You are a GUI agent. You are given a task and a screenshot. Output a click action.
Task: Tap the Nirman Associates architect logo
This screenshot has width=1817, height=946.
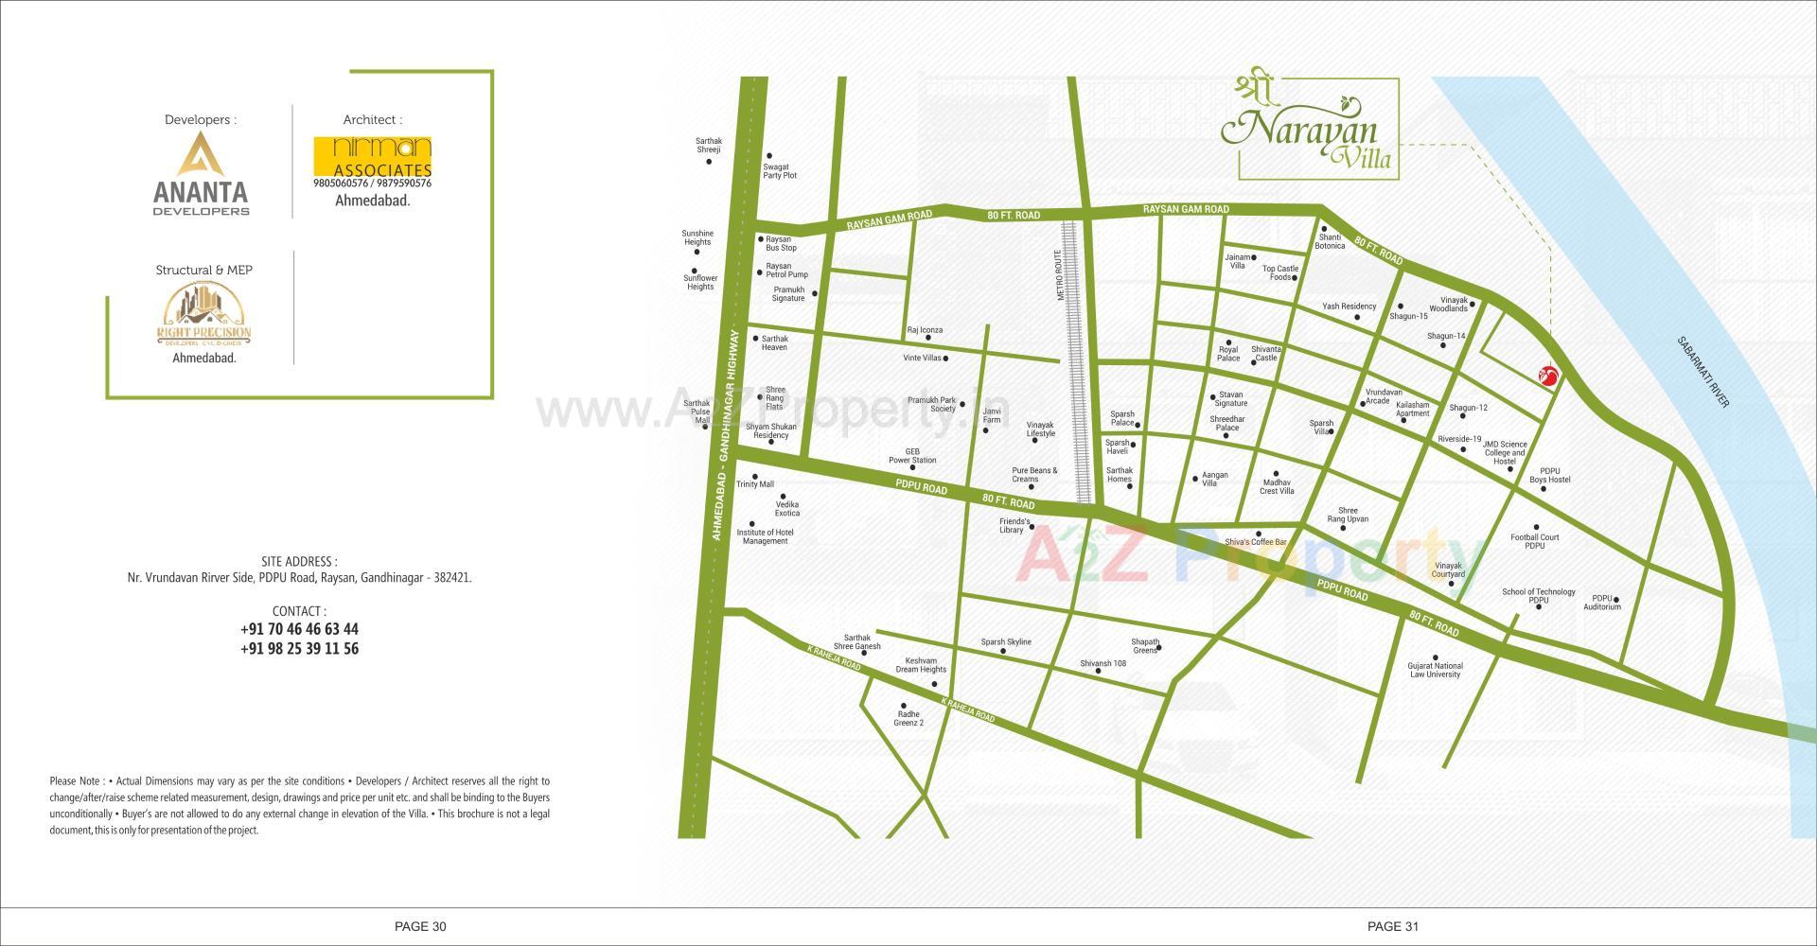click(372, 163)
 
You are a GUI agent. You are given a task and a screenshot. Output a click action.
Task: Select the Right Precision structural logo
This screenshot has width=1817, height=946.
click(203, 315)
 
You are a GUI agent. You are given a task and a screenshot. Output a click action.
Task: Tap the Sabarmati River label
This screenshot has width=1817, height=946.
click(1702, 372)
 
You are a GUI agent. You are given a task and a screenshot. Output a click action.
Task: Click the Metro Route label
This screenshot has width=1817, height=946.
click(1062, 275)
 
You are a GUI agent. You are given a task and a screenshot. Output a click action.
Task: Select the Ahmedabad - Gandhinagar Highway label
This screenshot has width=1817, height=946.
click(725, 435)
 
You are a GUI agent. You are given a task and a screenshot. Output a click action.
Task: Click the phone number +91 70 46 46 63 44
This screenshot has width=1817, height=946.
click(299, 629)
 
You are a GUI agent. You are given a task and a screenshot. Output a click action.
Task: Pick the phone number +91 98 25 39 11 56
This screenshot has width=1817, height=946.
click(299, 649)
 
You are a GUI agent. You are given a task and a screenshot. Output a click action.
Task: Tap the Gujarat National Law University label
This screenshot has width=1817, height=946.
click(1435, 670)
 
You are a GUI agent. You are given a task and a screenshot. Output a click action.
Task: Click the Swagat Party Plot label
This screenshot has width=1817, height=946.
click(780, 171)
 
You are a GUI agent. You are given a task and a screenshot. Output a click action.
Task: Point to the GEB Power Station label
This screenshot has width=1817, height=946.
click(912, 456)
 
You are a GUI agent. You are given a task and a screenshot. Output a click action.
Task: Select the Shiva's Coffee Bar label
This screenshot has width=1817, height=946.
click(1256, 542)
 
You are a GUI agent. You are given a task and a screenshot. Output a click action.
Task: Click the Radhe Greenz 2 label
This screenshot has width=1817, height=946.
click(908, 719)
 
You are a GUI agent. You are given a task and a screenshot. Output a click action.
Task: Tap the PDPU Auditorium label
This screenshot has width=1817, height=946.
click(1602, 602)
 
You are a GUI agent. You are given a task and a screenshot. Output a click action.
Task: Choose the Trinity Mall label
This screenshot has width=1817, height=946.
click(755, 484)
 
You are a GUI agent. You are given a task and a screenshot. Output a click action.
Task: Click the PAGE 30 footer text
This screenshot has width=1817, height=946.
click(420, 926)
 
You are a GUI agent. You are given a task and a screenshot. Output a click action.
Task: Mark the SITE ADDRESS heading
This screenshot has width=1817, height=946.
click(299, 561)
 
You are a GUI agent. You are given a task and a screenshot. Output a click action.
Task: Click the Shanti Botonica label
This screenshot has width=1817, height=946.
click(1330, 241)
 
